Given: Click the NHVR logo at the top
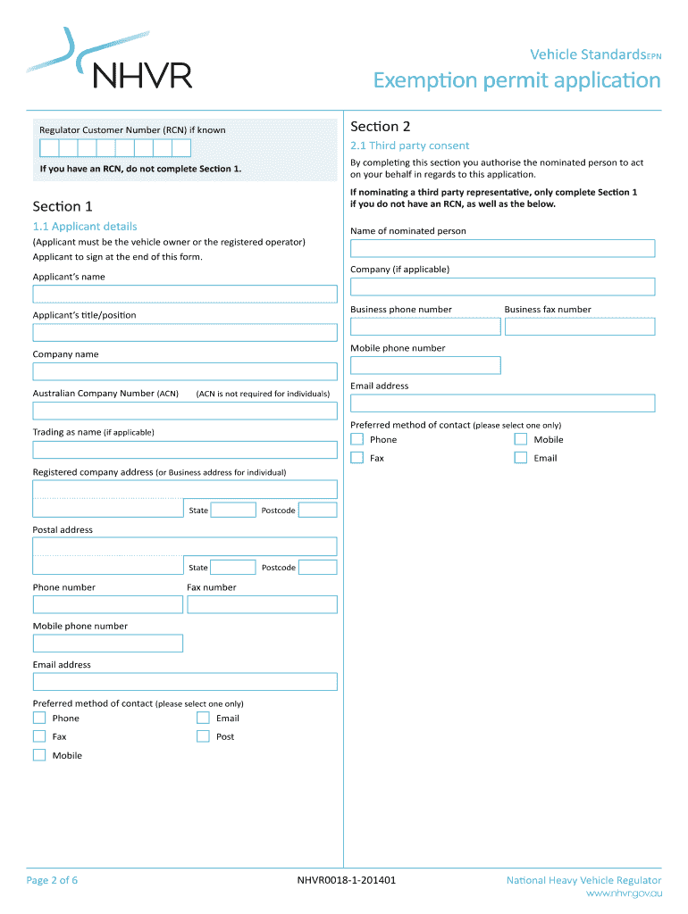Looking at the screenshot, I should point(111,61).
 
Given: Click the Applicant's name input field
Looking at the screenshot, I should point(185,294).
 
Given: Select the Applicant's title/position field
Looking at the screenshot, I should point(185,333).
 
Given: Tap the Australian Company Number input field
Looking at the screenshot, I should point(185,411).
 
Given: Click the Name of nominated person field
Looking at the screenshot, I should point(502,248).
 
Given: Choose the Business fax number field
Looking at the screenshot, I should point(579,327).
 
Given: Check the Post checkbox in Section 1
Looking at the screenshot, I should point(203,736).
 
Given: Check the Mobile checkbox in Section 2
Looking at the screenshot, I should point(521,439).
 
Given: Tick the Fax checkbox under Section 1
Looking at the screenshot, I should point(39,736).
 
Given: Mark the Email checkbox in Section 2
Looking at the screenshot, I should point(521,458).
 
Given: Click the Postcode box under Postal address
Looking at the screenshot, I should point(317,567).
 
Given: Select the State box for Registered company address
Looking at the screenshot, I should point(233,510).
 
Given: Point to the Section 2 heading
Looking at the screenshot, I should point(381,127).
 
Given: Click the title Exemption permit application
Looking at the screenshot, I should point(516,81).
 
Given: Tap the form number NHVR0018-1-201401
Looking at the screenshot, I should point(347,880).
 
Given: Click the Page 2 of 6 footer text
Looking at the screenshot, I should point(52,880).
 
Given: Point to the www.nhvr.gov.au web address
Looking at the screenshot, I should point(623,893).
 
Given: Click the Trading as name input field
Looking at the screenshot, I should point(185,450).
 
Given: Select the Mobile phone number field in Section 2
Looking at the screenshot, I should point(425,365).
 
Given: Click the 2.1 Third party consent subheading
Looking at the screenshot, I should point(409,145).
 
